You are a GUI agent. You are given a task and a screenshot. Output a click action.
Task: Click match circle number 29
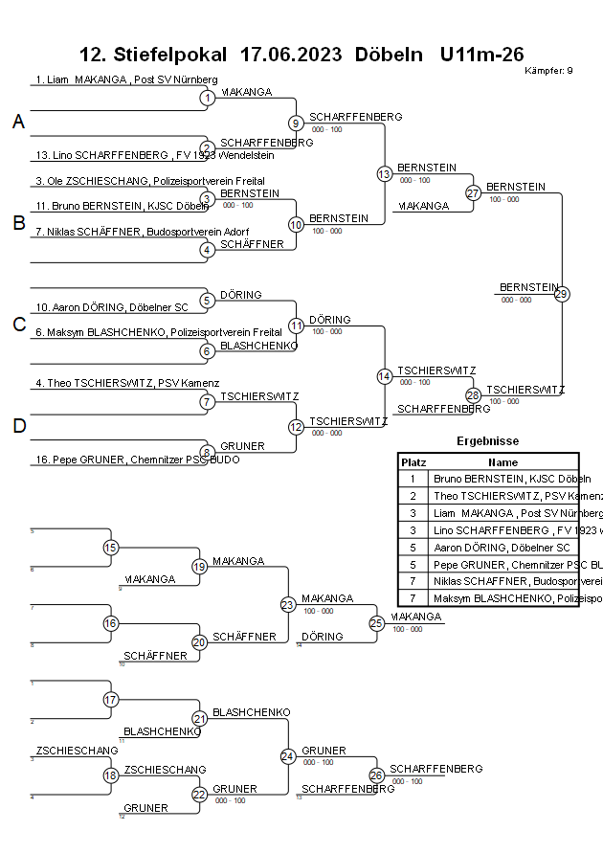pos(562,294)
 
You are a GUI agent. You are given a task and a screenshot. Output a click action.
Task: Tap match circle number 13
pos(385,174)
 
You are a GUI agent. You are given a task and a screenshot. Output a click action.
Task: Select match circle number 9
pos(297,123)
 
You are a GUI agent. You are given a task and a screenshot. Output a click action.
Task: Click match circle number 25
pos(377,623)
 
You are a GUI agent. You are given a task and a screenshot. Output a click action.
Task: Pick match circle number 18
pos(110,775)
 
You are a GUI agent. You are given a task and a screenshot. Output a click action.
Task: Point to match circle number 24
pos(288,756)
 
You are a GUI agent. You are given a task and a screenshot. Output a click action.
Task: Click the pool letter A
pos(18,122)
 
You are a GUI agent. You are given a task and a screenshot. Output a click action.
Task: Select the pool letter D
pos(18,426)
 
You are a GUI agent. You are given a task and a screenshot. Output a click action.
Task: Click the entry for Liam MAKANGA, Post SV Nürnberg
pos(126,79)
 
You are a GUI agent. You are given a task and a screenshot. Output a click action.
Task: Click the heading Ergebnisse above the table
pos(488,441)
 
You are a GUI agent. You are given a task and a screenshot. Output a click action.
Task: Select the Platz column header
pos(413,461)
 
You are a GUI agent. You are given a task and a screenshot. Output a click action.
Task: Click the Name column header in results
pos(502,461)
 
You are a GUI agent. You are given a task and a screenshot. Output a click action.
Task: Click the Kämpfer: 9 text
pos(549,70)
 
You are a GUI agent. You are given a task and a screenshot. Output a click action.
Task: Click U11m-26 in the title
pos(481,54)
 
